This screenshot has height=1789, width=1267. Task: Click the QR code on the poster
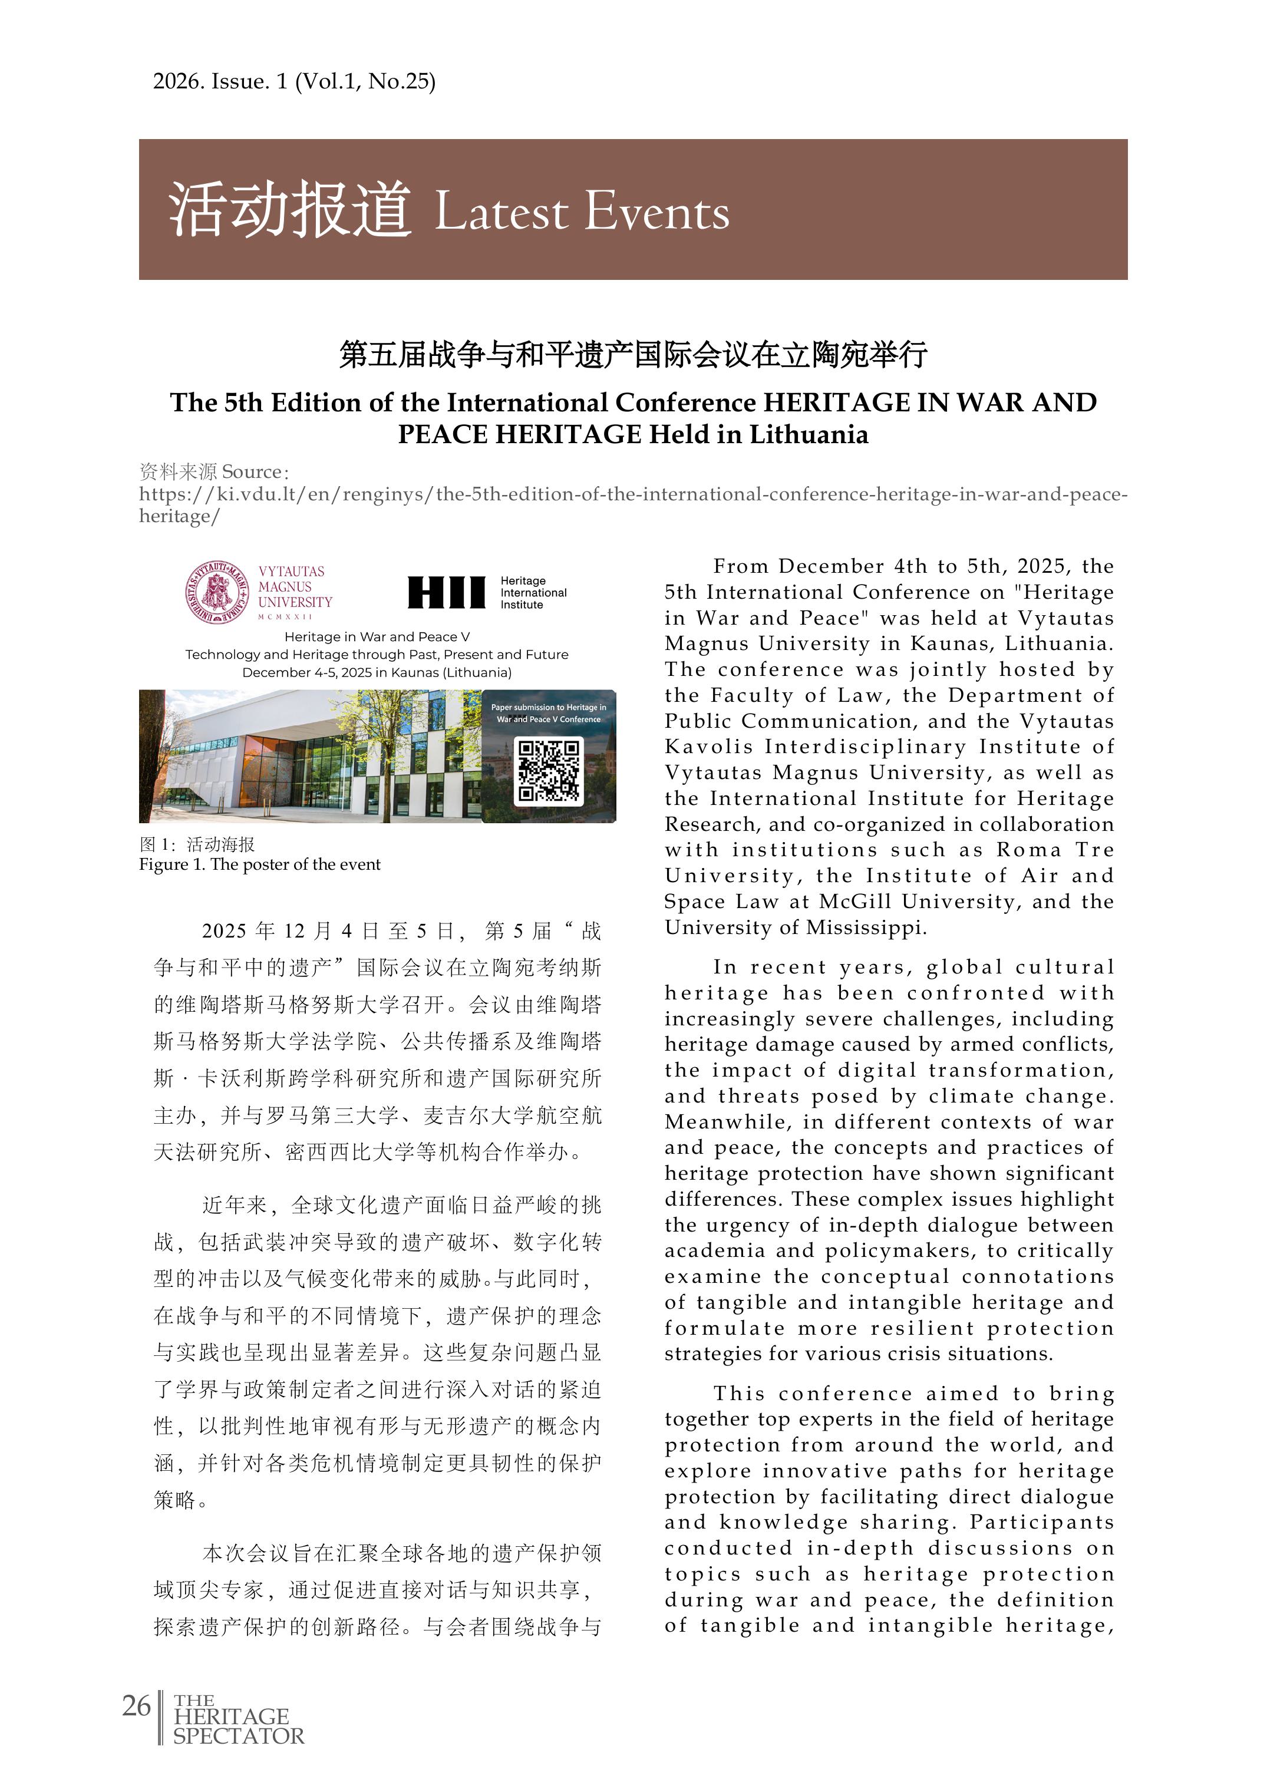[x=549, y=771]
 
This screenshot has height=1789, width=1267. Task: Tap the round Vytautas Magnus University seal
[x=216, y=592]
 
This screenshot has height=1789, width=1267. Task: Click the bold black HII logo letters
[x=446, y=592]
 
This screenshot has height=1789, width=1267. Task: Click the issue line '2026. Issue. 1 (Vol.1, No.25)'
[x=294, y=81]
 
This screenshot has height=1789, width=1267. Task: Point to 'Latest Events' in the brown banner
[x=581, y=212]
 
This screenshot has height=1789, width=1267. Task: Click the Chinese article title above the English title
[x=633, y=354]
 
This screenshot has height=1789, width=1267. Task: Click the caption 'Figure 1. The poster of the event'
[x=260, y=864]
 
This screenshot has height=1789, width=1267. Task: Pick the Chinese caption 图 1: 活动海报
[x=197, y=844]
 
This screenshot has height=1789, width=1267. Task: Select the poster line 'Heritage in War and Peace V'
[x=377, y=636]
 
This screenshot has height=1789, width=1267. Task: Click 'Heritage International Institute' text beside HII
[x=534, y=593]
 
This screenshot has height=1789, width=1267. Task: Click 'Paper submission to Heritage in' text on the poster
[x=549, y=708]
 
